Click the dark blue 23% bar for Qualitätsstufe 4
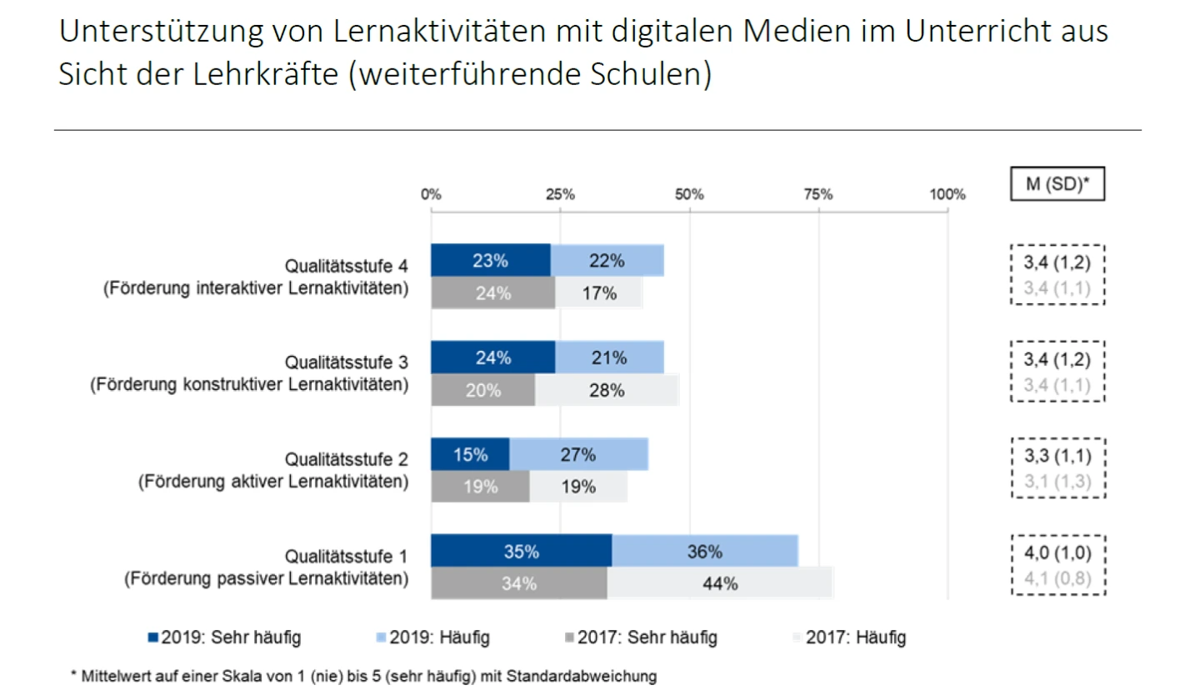pos(491,260)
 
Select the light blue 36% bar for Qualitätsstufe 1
pos(705,551)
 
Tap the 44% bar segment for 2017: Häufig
pos(720,583)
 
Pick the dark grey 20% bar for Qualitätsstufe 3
pos(483,390)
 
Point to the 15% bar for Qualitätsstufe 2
pos(470,454)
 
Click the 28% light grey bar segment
pos(607,390)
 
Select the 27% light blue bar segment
pos(579,454)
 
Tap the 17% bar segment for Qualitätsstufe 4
pos(599,292)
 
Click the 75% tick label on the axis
pos(818,194)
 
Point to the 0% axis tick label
pos(431,194)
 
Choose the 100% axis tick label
pos(947,194)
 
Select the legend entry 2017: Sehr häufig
pos(639,638)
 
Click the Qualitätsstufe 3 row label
pos(346,362)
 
